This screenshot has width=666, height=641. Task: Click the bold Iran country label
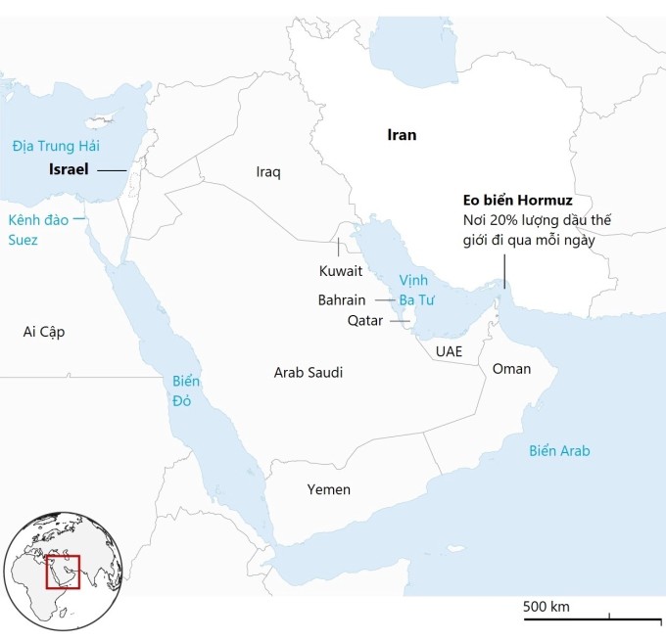[401, 136]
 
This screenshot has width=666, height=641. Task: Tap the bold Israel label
[69, 169]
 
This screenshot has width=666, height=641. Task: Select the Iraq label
[268, 172]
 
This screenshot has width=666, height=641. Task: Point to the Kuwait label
[341, 270]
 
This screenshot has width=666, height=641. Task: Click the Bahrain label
[342, 299]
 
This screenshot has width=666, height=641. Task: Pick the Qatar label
[365, 320]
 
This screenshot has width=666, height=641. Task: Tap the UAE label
[450, 350]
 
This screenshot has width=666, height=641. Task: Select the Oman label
[511, 369]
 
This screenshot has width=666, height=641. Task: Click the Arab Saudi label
[309, 372]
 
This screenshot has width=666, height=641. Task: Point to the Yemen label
[328, 489]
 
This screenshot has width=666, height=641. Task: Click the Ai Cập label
[44, 332]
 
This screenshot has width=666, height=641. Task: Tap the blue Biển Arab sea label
[559, 451]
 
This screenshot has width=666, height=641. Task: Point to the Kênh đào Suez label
[38, 229]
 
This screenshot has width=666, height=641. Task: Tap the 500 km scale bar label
[547, 607]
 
